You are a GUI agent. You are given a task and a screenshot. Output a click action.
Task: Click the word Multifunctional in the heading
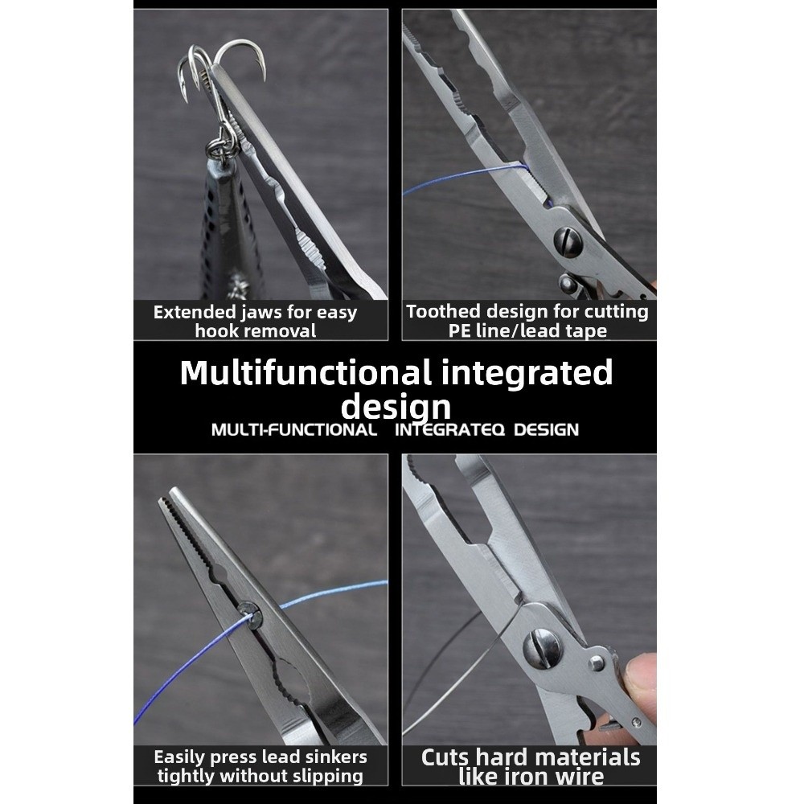(x=305, y=373)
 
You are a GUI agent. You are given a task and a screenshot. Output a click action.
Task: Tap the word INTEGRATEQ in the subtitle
(x=449, y=429)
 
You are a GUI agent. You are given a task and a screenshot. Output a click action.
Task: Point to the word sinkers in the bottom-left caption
(x=337, y=757)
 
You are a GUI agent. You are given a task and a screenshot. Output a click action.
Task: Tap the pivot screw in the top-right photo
(x=568, y=241)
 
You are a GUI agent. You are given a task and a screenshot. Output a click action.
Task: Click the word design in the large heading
(x=396, y=407)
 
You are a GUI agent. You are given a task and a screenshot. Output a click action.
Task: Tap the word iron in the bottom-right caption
(x=524, y=777)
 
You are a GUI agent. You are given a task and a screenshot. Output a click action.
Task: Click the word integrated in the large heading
(x=527, y=373)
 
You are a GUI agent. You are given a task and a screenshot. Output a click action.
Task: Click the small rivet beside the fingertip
(x=596, y=662)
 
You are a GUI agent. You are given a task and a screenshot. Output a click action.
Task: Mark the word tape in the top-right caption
(x=587, y=331)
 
